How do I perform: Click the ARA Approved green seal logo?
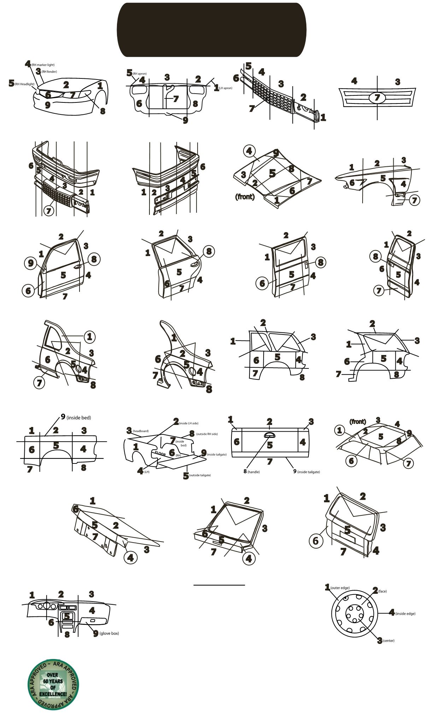pos(53,684)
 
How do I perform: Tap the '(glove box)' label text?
pos(109,633)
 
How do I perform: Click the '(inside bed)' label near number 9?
pos(78,418)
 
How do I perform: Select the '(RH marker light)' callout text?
pos(43,65)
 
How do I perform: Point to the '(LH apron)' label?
pos(225,88)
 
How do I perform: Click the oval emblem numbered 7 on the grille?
pos(377,97)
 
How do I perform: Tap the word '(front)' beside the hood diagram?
pos(245,196)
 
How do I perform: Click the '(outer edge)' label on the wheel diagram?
pos(340,588)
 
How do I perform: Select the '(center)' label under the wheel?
pos(388,640)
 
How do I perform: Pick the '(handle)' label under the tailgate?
pos(254,472)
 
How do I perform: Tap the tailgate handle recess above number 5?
pos(270,435)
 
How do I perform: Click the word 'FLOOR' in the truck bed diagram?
pos(160,454)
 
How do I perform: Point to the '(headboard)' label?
pos(141,431)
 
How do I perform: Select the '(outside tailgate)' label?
pos(200,475)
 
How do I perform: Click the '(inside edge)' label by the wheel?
pos(405,614)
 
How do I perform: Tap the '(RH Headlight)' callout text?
pos(25,84)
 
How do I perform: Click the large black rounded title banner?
pos(211,30)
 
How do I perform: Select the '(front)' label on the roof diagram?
pos(358,421)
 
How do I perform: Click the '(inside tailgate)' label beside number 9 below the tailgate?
pos(308,472)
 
